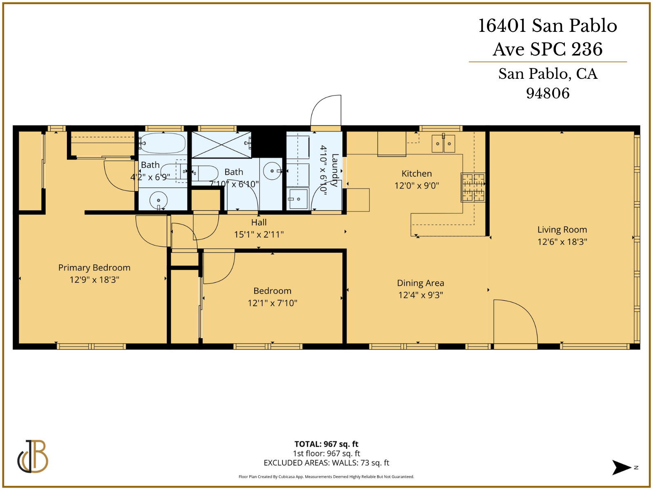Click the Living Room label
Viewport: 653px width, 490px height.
pos(562,229)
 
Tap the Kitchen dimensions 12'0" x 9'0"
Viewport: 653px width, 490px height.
pos(416,185)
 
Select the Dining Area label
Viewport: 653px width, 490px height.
pos(420,283)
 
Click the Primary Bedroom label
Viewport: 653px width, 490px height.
pos(94,267)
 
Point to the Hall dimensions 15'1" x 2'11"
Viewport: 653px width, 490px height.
pos(259,234)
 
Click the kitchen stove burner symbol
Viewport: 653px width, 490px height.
pos(473,187)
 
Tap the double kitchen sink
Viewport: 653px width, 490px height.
pos(443,143)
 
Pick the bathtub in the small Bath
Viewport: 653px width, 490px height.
pos(163,143)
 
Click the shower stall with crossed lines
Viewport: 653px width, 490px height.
pos(221,145)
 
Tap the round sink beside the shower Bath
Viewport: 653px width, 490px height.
pos(272,171)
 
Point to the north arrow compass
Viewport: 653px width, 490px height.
pos(623,468)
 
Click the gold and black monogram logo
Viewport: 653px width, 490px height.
pos(33,457)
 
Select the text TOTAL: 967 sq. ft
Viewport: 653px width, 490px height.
pos(326,444)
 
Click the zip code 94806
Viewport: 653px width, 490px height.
pos(547,93)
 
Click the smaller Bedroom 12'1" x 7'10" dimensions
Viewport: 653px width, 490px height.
pos(272,303)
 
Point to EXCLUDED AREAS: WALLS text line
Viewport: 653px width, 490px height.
pos(326,463)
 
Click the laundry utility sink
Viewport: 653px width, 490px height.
pos(298,199)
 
